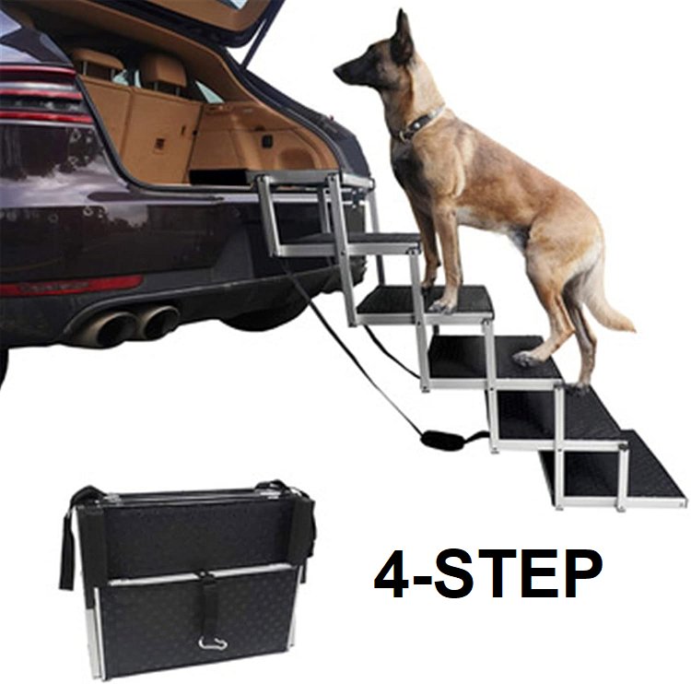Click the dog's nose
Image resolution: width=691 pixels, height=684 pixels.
click(x=337, y=71)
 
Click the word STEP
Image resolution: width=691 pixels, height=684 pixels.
click(x=521, y=574)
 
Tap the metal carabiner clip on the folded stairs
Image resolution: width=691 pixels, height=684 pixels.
click(x=213, y=643)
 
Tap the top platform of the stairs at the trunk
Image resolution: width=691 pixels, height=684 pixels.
click(x=309, y=179)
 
